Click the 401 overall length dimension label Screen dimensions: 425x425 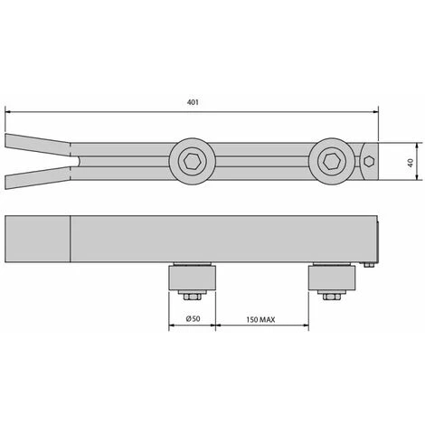click(x=193, y=102)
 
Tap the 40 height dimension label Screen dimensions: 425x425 click(x=411, y=163)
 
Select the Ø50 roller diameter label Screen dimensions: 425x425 click(x=193, y=318)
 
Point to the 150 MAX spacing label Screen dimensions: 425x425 click(x=260, y=319)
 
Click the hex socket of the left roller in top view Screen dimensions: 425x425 click(x=193, y=161)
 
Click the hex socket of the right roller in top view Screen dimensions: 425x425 click(x=332, y=161)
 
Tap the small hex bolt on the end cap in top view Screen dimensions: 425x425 click(x=369, y=161)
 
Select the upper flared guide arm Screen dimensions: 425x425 click(x=38, y=145)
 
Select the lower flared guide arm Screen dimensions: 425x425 click(x=38, y=178)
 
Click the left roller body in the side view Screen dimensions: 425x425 click(x=193, y=278)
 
